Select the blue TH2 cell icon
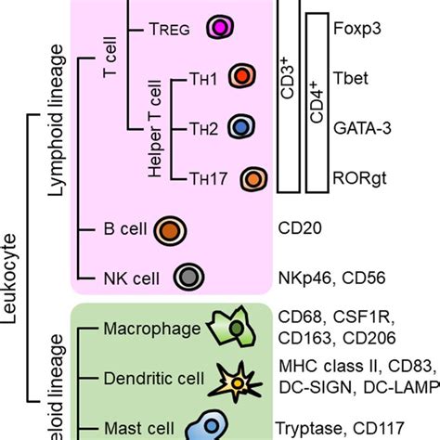(x=239, y=126)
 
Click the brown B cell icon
(x=171, y=227)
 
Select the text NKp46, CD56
(x=330, y=277)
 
